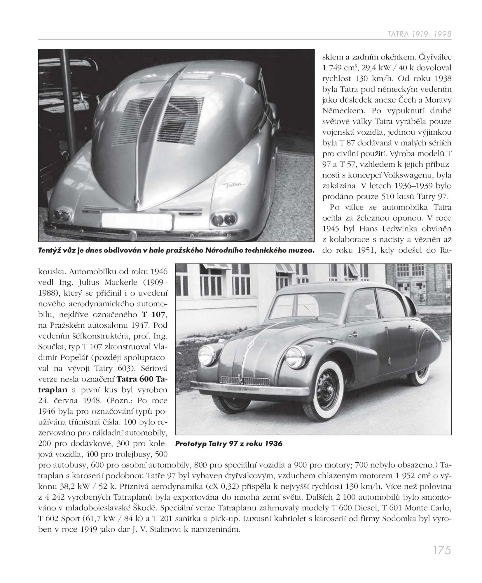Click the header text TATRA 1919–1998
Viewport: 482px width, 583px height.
(419, 34)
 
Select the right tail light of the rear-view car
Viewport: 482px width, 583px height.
(223, 218)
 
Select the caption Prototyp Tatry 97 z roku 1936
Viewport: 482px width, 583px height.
(229, 444)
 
